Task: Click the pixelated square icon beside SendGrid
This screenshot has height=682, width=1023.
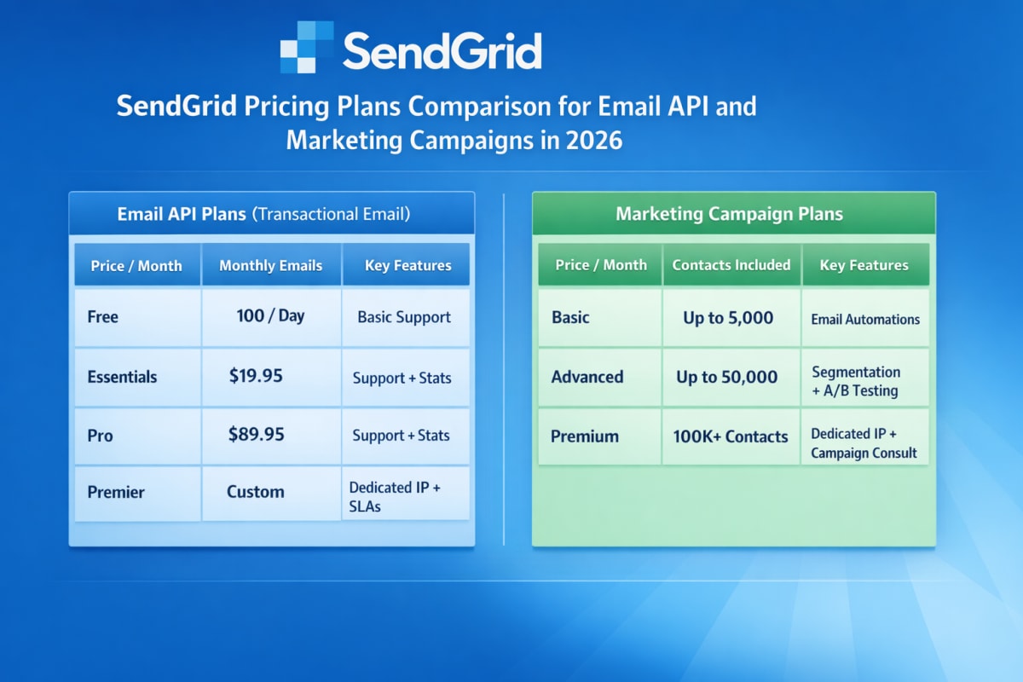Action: click(306, 48)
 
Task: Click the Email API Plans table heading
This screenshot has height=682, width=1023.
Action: click(263, 214)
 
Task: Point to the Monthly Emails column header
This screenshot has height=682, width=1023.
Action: click(270, 265)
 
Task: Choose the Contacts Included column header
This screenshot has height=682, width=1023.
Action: click(731, 265)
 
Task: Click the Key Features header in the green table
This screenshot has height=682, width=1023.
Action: click(864, 265)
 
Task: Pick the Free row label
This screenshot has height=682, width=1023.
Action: click(103, 317)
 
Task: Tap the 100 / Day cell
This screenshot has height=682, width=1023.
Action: click(270, 316)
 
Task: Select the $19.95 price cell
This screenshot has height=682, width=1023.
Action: click(256, 376)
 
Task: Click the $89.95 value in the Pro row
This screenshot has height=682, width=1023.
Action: click(256, 435)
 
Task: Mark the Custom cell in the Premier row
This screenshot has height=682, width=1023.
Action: click(256, 492)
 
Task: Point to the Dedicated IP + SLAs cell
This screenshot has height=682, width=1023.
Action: click(395, 497)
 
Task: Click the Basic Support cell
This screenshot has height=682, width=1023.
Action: click(404, 317)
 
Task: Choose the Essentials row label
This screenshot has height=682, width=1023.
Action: click(122, 377)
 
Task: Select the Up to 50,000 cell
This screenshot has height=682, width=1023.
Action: click(727, 377)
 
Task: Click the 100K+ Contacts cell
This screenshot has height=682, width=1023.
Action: click(731, 436)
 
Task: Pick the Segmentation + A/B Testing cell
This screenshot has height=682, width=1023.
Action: click(856, 382)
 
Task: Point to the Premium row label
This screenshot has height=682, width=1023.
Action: click(585, 436)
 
